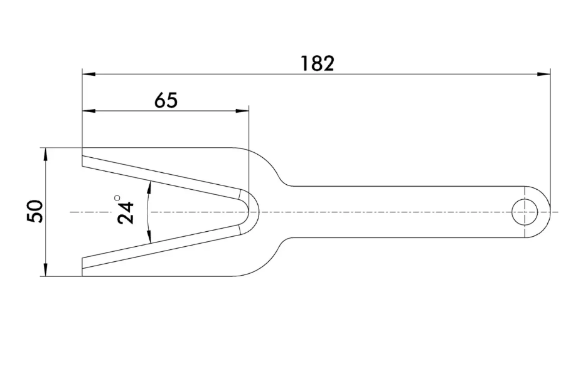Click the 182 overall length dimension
[318, 64]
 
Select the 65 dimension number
[166, 100]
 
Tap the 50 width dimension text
[35, 212]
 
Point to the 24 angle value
[126, 213]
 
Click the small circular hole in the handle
[525, 212]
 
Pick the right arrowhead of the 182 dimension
[543, 74]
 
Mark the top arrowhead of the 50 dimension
[45, 155]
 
